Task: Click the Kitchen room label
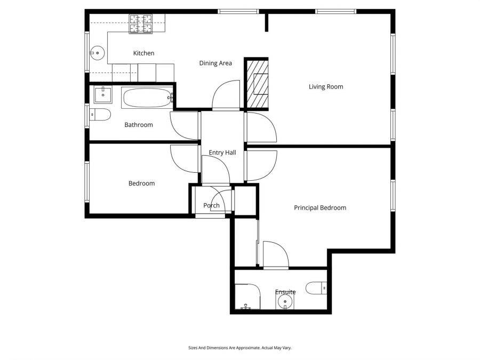(143, 53)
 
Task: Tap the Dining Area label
(215, 63)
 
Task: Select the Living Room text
(325, 87)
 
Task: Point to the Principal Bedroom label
(320, 208)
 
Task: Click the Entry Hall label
(222, 153)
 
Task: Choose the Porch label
(211, 206)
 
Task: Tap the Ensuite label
(285, 292)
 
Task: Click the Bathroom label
(139, 125)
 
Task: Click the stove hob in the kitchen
(140, 24)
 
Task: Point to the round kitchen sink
(97, 52)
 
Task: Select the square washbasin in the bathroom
(102, 95)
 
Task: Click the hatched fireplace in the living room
(257, 84)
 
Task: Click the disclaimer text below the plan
(239, 348)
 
